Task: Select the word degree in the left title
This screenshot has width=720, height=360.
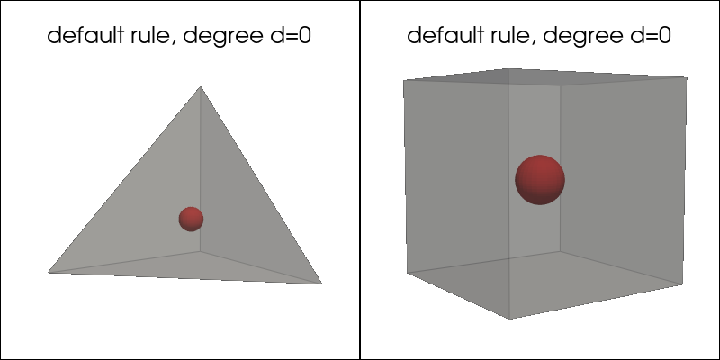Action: tap(223, 37)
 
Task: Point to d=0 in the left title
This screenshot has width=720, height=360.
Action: tap(291, 35)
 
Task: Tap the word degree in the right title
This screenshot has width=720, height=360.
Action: tap(583, 37)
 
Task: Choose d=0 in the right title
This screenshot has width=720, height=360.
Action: tap(651, 35)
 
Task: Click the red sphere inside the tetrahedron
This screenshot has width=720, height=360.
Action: tap(191, 219)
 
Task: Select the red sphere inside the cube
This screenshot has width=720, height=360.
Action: tap(540, 179)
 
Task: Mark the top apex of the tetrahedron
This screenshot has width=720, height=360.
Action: tap(200, 86)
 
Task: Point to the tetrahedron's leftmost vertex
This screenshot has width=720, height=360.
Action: tap(49, 273)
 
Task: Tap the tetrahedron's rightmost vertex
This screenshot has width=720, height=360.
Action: tap(322, 283)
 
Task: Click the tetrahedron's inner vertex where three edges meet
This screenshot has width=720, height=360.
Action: tap(200, 251)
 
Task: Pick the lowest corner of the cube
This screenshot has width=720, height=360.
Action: tap(509, 319)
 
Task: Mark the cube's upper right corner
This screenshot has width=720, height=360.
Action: tap(687, 77)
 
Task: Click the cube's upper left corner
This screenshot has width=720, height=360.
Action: tap(403, 81)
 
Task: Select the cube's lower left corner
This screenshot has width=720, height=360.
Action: tap(408, 273)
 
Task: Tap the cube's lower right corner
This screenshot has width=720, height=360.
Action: tap(683, 284)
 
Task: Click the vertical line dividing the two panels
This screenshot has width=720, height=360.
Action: tap(360, 180)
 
